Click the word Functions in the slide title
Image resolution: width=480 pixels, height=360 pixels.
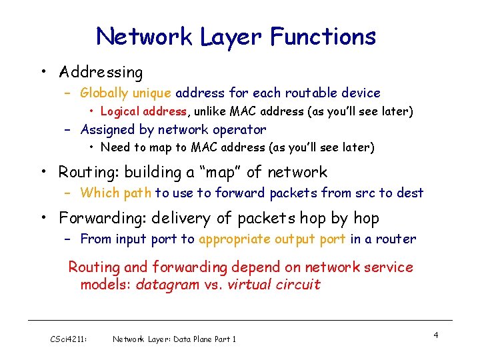[x=323, y=36]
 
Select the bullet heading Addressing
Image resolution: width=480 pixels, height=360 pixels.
[x=101, y=72]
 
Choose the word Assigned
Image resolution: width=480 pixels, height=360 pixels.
[x=108, y=129]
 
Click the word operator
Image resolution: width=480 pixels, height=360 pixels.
[x=239, y=129]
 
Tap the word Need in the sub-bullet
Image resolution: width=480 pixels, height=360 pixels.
[x=115, y=147]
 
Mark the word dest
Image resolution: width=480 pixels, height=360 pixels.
[x=410, y=193]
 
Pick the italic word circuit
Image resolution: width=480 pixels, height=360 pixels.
[x=298, y=285]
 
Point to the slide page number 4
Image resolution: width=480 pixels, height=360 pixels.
[x=435, y=335]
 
